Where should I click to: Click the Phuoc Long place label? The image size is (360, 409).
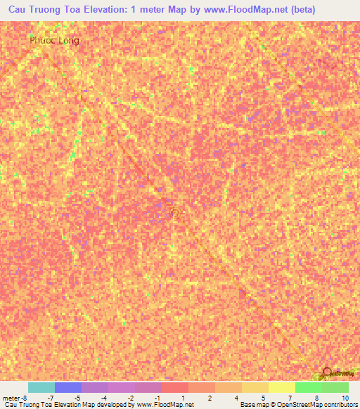(54, 40)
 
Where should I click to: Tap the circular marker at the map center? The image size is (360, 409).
(176, 210)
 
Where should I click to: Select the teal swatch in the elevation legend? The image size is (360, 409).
(41, 387)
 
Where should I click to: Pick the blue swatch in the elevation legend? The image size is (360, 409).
(68, 387)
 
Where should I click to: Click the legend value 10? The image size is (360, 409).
(345, 398)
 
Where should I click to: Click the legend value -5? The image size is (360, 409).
(77, 398)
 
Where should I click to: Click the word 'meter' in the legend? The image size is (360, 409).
(10, 398)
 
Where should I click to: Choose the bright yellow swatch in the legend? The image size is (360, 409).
(281, 387)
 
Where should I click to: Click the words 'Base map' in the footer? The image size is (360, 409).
(252, 405)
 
